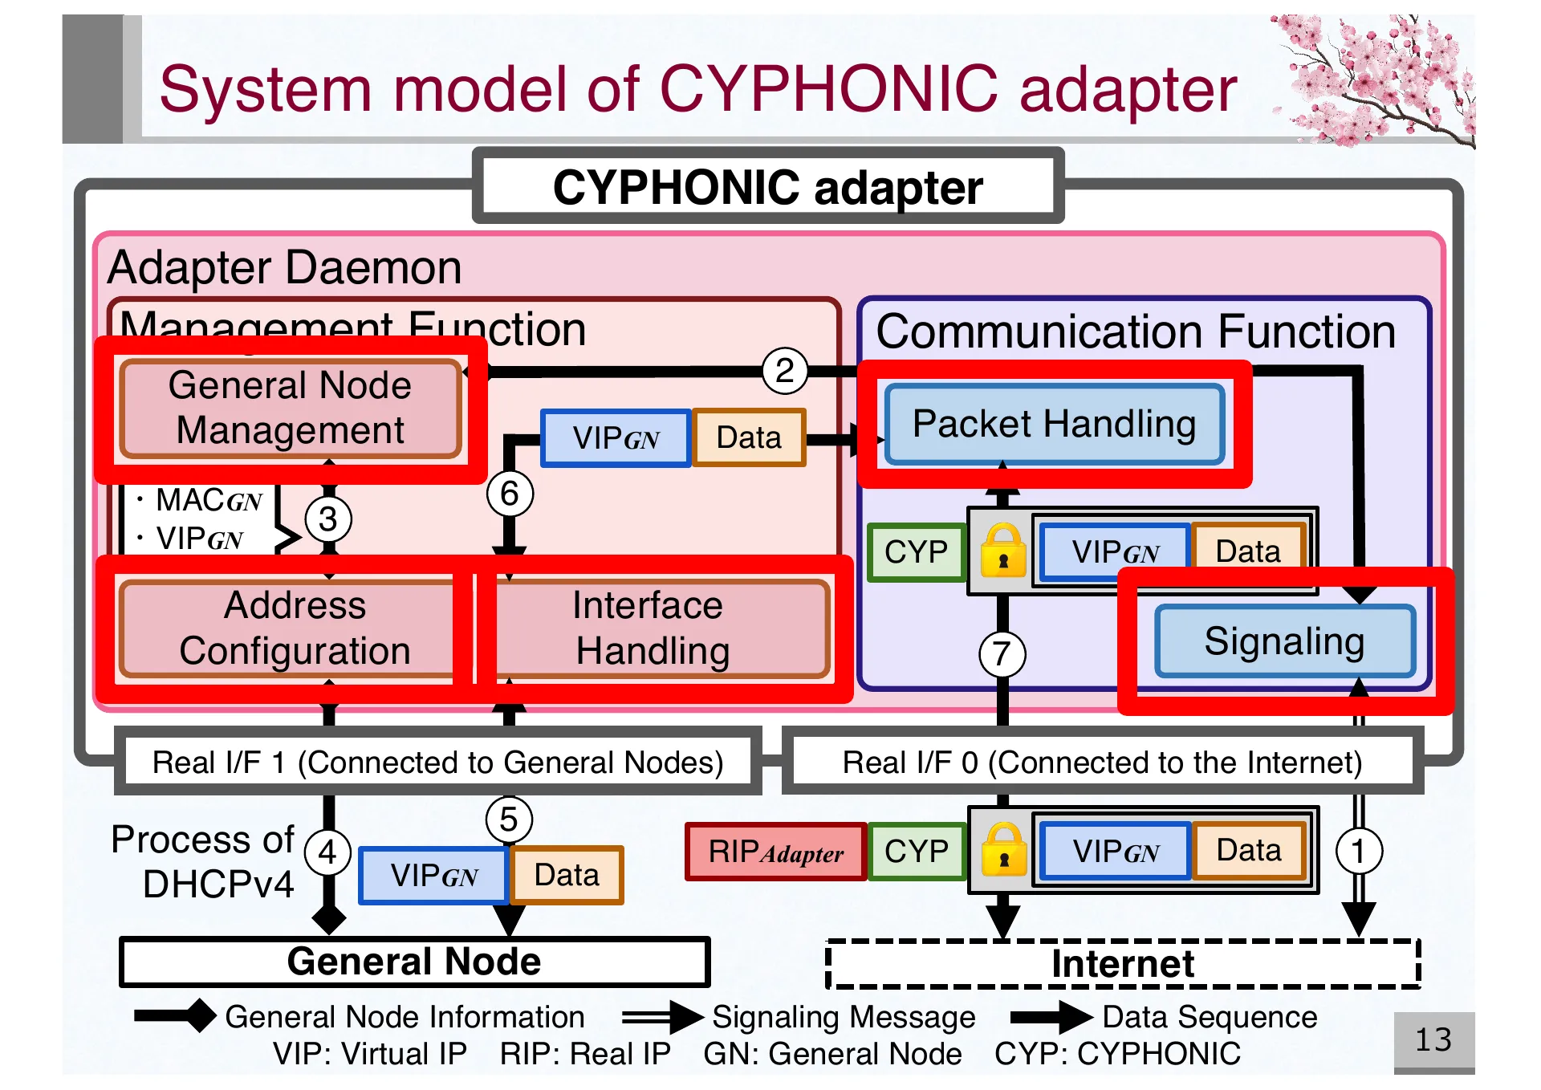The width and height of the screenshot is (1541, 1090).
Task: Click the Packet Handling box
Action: click(x=1054, y=425)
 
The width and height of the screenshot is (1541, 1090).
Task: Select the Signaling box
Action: click(x=1284, y=641)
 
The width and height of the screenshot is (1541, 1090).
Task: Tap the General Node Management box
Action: click(x=290, y=409)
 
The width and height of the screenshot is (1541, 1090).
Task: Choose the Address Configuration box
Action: click(x=295, y=628)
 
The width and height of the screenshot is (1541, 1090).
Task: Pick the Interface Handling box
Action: click(x=652, y=628)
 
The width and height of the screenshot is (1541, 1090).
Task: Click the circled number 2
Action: click(x=784, y=371)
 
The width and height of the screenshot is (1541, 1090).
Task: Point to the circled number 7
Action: click(x=1002, y=654)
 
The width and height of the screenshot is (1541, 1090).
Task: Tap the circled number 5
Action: click(x=509, y=820)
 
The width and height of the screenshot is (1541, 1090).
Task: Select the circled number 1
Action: click(x=1358, y=851)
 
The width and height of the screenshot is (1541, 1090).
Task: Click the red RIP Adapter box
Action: click(x=775, y=852)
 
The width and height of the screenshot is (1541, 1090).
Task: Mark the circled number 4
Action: click(x=327, y=852)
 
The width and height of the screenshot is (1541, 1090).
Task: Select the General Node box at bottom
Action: click(x=414, y=962)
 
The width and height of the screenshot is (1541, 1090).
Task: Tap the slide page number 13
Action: click(x=1433, y=1040)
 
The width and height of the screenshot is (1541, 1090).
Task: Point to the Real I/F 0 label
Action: click(x=1101, y=762)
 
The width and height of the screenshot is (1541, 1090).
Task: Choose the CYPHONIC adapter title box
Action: click(x=767, y=187)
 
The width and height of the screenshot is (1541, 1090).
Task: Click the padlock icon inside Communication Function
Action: click(x=1003, y=551)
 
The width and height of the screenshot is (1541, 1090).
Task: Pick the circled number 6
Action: click(x=510, y=494)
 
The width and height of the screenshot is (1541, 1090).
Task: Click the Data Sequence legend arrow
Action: click(x=1051, y=1017)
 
